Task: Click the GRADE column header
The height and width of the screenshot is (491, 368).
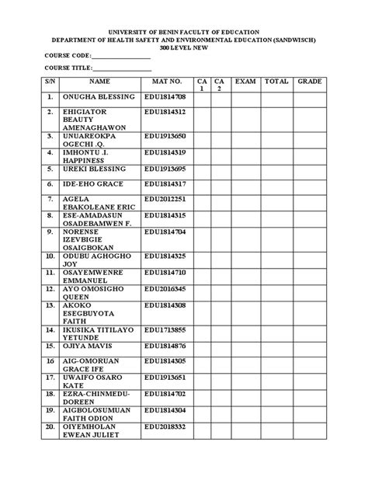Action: (310, 81)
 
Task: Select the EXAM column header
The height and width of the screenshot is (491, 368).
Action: (245, 81)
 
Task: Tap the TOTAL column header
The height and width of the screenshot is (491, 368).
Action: (276, 81)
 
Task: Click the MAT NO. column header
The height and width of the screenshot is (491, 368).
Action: (167, 81)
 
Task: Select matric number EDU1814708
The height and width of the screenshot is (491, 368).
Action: (165, 97)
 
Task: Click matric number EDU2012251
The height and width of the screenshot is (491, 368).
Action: (165, 200)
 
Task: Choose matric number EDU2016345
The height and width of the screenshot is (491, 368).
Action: (165, 288)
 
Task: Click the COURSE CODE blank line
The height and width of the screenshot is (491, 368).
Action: (121, 57)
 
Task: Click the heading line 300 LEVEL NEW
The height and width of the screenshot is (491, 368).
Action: (184, 47)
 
